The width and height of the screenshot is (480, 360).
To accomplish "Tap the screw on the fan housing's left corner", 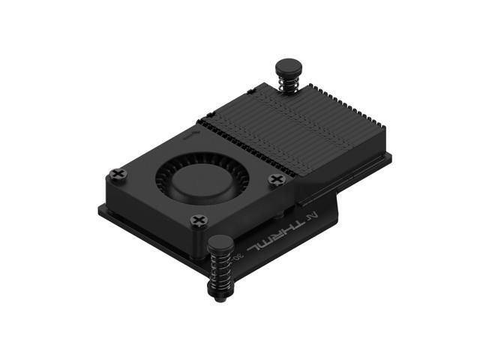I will (x=118, y=174).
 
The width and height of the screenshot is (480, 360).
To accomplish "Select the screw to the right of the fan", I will (x=277, y=180).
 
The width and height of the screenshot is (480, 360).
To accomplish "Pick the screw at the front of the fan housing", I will (x=199, y=220).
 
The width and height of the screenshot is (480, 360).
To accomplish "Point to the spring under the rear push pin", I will (x=287, y=84).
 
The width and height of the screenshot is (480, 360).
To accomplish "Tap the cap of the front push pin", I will (x=221, y=243).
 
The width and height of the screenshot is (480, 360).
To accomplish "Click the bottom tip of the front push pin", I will (x=220, y=298).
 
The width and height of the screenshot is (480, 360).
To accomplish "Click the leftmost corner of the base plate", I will (x=98, y=208).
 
